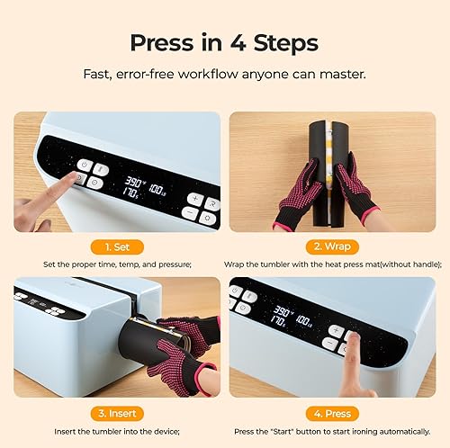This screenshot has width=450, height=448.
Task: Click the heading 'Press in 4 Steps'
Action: point(224,42)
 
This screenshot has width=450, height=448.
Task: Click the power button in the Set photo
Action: point(84,165)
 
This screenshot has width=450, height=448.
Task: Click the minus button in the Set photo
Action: point(190,213)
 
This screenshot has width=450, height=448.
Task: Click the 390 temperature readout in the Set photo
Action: point(136,178)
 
